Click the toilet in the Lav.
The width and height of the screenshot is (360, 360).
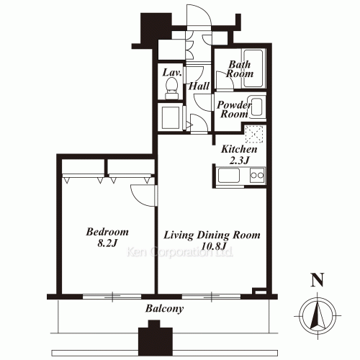(171, 88)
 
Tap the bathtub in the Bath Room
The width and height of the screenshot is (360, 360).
(253, 68)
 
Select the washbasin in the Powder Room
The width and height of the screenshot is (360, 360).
(257, 107)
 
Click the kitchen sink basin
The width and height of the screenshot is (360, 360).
(228, 176)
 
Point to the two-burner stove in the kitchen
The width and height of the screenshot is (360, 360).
(257, 175)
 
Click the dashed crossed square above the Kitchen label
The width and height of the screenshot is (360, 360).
(254, 134)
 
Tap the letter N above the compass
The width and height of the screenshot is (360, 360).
(318, 280)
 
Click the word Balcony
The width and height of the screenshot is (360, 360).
(164, 309)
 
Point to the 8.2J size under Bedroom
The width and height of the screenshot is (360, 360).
(107, 243)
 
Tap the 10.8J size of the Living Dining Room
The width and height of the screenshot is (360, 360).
(214, 246)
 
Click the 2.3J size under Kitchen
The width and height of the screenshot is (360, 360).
(239, 161)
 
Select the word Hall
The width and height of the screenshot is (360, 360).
(199, 86)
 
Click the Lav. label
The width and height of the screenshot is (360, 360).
(172, 73)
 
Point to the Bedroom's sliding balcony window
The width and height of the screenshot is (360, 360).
(112, 297)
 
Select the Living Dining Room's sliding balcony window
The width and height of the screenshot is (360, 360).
(211, 297)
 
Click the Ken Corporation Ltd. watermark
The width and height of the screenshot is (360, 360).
(180, 252)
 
